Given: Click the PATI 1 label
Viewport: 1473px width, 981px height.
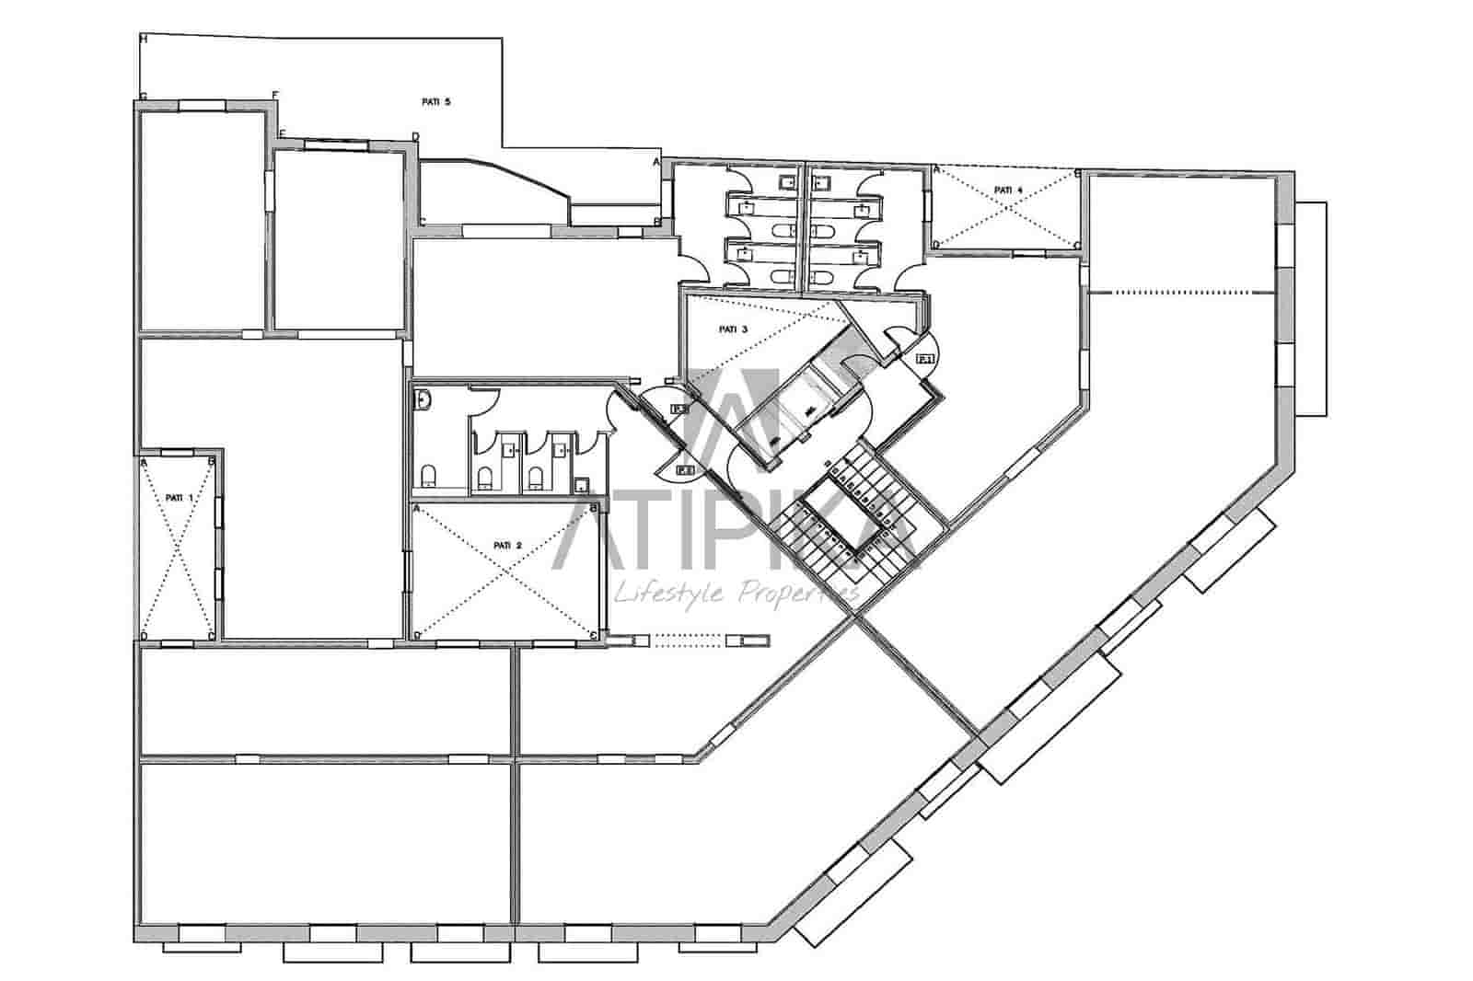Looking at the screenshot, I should point(180,497).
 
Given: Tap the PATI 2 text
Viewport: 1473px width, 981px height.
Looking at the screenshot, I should point(507,545).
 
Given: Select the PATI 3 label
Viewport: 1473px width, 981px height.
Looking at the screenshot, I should point(733,329).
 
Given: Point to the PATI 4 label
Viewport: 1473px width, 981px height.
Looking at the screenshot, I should point(1008,190).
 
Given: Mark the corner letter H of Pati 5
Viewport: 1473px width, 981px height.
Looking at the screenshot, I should point(143,39).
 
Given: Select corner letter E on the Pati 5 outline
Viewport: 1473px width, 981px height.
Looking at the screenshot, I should point(283,134).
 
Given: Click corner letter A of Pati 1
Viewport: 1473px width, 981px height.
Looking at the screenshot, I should point(145,462).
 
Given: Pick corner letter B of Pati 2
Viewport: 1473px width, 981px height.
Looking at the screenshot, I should point(593,507).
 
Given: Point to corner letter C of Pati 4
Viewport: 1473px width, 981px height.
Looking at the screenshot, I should point(1076,244).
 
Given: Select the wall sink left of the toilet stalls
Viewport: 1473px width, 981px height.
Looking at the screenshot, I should point(423,400).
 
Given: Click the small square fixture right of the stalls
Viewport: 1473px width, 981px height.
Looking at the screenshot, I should point(582,485).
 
